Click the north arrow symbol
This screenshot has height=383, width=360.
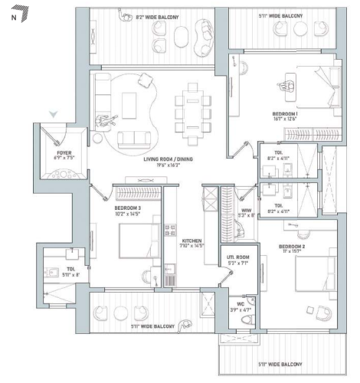pyautogui.click(x=24, y=12)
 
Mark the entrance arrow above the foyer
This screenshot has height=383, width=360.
pyautogui.click(x=52, y=114)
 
